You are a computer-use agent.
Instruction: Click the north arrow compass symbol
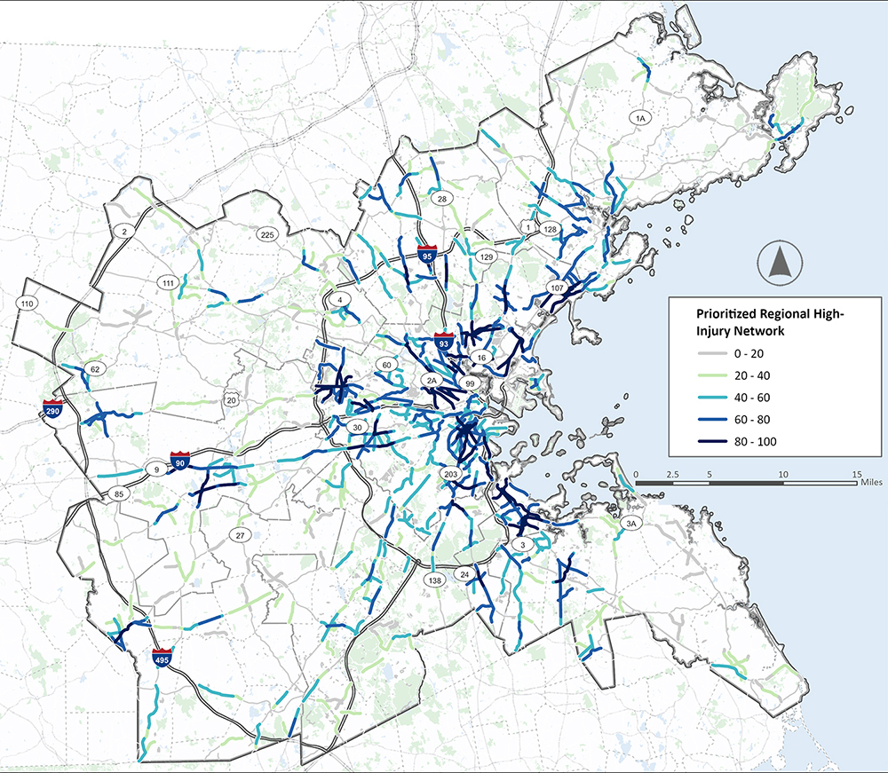tap(781, 263)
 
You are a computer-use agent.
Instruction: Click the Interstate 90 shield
tap(180, 461)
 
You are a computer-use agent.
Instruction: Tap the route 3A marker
tap(632, 524)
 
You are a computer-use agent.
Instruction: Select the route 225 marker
tap(266, 235)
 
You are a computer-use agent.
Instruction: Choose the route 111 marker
tap(169, 282)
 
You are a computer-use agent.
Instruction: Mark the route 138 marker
tap(434, 580)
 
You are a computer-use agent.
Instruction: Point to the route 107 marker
tap(558, 289)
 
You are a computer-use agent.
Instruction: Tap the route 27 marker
tap(239, 535)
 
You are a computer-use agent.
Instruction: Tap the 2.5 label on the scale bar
tap(672, 476)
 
